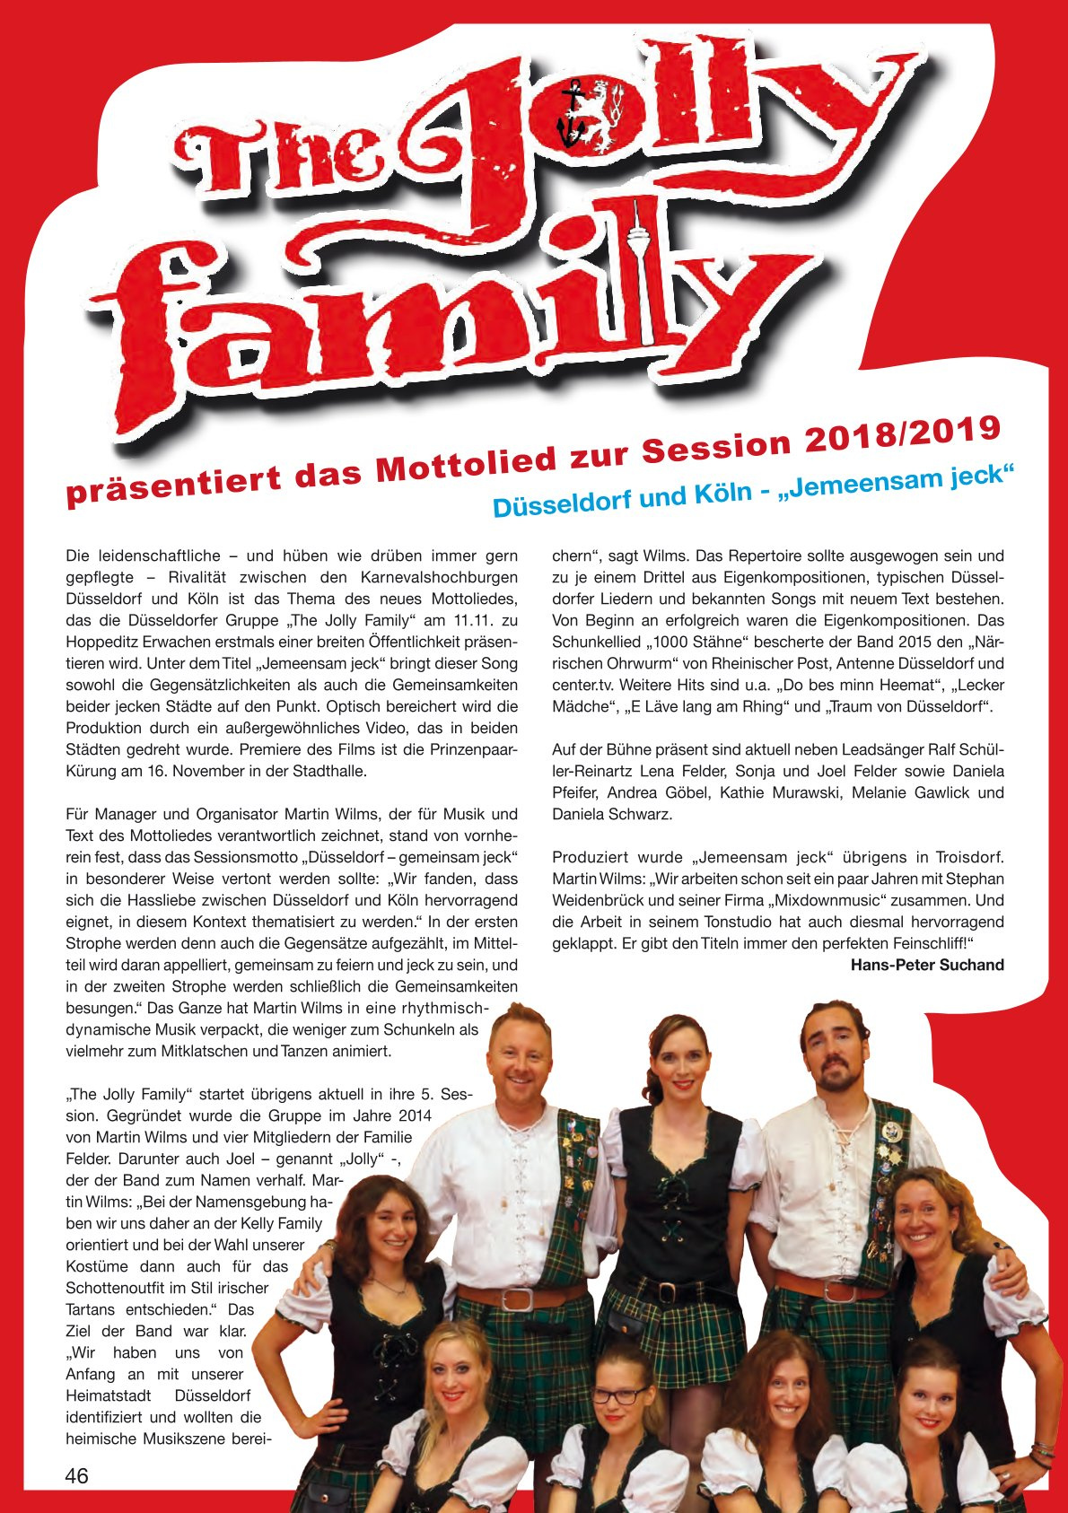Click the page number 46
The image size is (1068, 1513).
pos(77,1475)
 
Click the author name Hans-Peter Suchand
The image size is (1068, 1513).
pos(927,965)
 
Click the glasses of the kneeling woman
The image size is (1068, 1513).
pos(618,1395)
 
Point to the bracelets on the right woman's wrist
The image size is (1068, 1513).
pos(1041,1449)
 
